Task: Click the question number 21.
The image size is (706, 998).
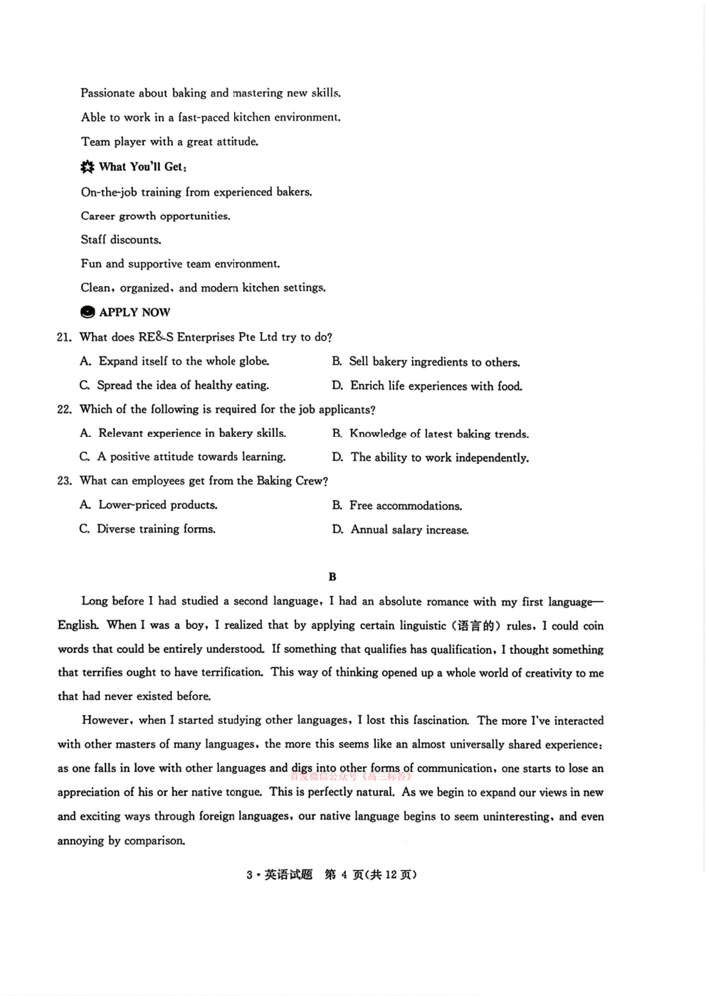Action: point(64,337)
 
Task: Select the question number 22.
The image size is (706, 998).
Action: point(64,410)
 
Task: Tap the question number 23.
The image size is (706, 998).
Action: point(64,481)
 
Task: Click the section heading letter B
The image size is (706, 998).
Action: point(332,577)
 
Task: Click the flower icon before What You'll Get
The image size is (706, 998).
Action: point(88,167)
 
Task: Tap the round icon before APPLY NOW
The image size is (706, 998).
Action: point(88,312)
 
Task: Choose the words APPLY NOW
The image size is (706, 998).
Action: point(135,312)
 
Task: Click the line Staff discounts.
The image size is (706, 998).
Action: point(121,240)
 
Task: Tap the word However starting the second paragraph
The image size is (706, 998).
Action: point(106,720)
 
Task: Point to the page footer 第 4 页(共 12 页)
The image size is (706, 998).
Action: point(370,875)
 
